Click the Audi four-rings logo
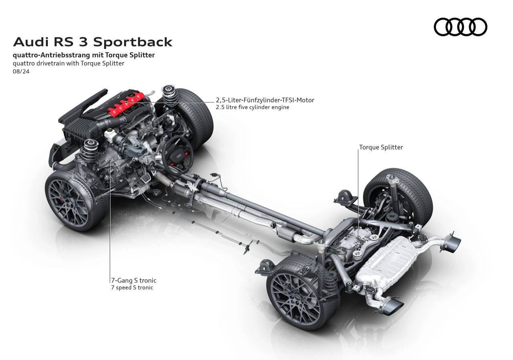coord(460,27)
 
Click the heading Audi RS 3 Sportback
coord(93,42)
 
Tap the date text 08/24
coord(22,72)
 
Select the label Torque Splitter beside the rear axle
coord(381,147)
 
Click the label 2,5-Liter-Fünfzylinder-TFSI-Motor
coord(265,100)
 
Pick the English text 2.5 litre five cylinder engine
coord(252,107)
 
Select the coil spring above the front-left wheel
coord(88,152)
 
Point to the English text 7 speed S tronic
coord(132,287)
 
